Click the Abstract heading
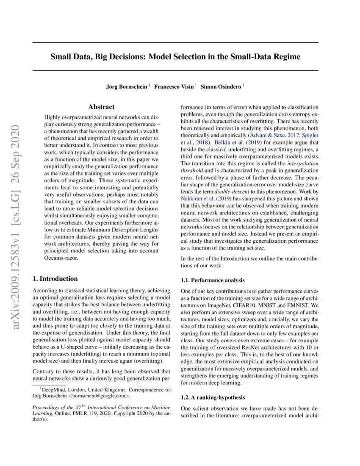click(x=101, y=107)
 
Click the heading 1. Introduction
click(x=55, y=279)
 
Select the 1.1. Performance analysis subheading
click(x=213, y=280)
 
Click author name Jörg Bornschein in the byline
click(x=127, y=86)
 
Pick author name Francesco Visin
click(x=174, y=86)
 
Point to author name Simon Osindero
click(x=221, y=86)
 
